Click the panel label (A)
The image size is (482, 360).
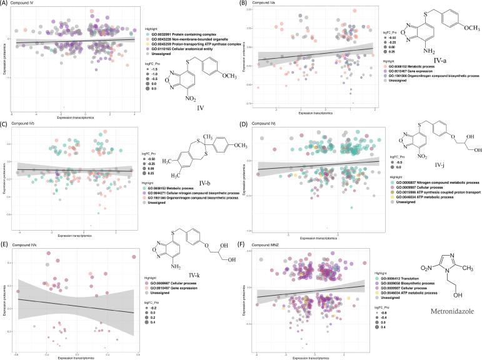pyautogui.click(x=6, y=3)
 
